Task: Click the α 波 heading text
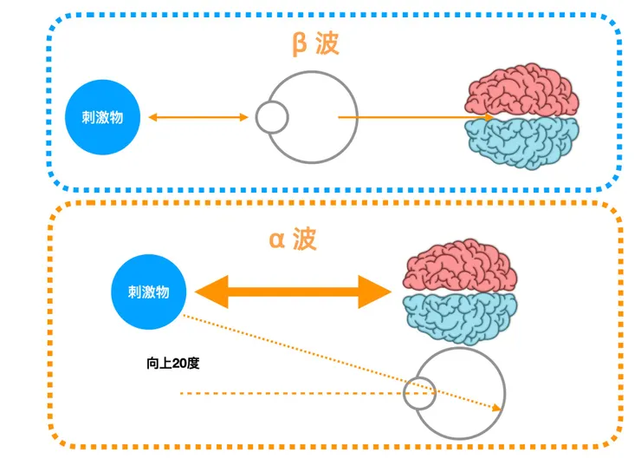293,239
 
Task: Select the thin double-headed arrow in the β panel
198,117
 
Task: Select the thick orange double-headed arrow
292,292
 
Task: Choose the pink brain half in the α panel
461,264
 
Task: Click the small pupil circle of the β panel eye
272,117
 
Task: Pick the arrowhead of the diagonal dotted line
498,408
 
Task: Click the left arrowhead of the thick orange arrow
208,292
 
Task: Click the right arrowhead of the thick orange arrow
377,292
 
